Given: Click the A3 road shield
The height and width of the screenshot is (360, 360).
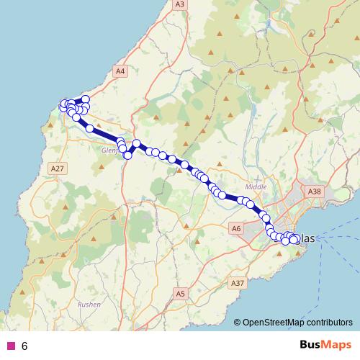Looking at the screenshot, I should tap(179, 4).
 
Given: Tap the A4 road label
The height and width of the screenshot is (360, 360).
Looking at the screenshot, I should tap(120, 71).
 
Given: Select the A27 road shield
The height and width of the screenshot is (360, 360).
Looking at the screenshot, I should tap(58, 168).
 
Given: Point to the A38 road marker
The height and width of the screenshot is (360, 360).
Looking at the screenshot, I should tap(314, 192).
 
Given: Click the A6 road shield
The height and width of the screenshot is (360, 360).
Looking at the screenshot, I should tap(235, 228).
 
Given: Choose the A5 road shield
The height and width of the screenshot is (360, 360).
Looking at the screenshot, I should tap(181, 294).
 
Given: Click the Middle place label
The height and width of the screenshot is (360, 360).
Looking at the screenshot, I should tap(256, 186).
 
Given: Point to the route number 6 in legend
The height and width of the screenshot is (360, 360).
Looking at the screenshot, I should tap(24, 346).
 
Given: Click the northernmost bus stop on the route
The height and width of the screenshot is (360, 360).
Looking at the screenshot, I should tap(86, 99).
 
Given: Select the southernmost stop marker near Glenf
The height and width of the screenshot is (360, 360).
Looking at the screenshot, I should tap(127, 155).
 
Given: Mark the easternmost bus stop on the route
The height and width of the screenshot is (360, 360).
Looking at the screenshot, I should tap(296, 239).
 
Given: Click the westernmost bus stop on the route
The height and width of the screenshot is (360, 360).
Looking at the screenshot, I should tap(63, 107).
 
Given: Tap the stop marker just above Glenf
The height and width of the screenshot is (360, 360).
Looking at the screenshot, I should tap(120, 143).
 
